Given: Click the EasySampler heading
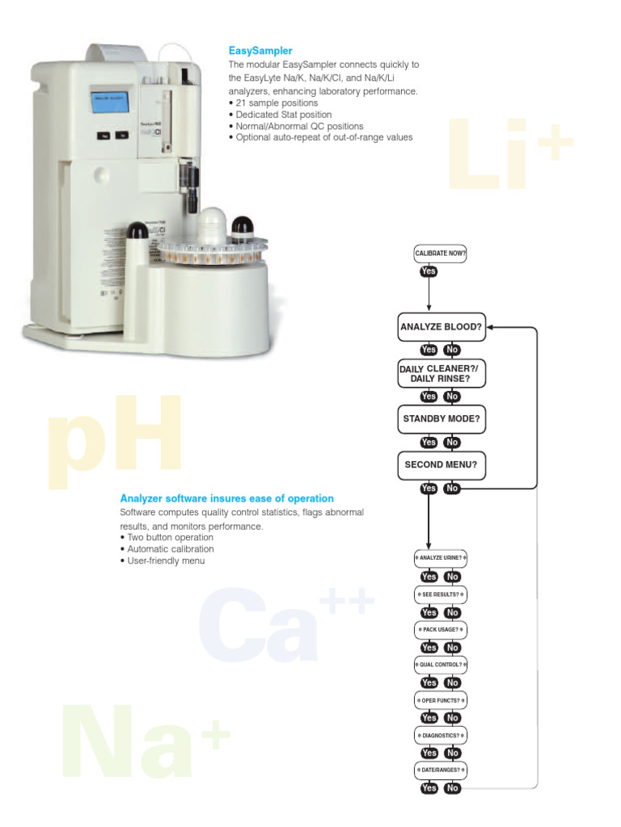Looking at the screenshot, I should pyautogui.click(x=260, y=51).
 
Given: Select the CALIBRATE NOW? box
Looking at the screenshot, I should pyautogui.click(x=441, y=254).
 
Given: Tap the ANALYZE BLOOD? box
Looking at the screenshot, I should pyautogui.click(x=441, y=327).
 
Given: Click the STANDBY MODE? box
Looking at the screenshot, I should pyautogui.click(x=441, y=419).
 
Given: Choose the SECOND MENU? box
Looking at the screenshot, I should pyautogui.click(x=441, y=465).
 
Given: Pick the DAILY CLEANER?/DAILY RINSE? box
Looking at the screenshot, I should pyautogui.click(x=441, y=373).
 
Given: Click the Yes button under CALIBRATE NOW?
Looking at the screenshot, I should pyautogui.click(x=429, y=271).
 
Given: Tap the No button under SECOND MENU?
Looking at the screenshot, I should pyautogui.click(x=452, y=489).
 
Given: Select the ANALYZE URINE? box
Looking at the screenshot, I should pyautogui.click(x=441, y=558).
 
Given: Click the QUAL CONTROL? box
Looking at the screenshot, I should pyautogui.click(x=441, y=665).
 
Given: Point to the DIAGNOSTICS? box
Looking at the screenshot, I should pyautogui.click(x=441, y=736).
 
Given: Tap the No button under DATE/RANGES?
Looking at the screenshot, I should pyautogui.click(x=452, y=788).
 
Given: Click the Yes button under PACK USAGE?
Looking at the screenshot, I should pyautogui.click(x=429, y=648).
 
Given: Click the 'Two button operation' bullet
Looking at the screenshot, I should pyautogui.click(x=170, y=538).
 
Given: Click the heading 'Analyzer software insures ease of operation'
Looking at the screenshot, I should pyautogui.click(x=226, y=499).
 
